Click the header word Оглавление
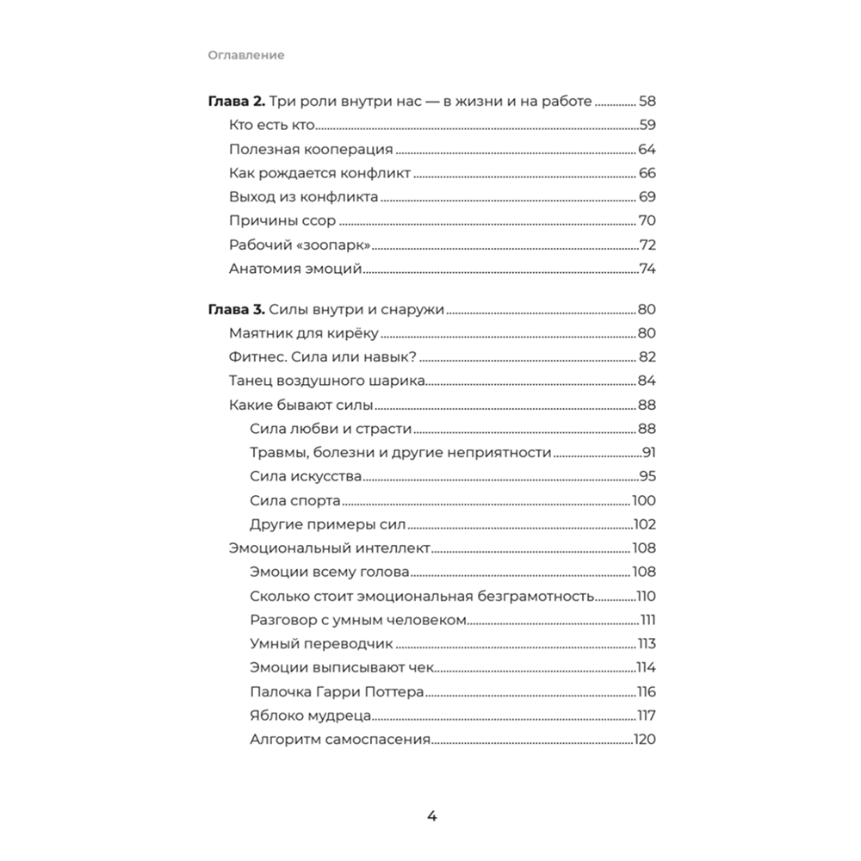(245, 55)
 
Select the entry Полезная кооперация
(311, 148)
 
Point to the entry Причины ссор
(282, 220)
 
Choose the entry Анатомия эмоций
(294, 269)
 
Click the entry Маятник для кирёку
(304, 333)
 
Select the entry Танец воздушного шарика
(326, 381)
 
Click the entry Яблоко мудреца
(310, 715)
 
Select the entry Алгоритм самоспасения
(339, 740)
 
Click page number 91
(649, 453)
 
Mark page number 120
(645, 740)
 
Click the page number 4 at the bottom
(432, 816)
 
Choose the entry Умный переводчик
(320, 644)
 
